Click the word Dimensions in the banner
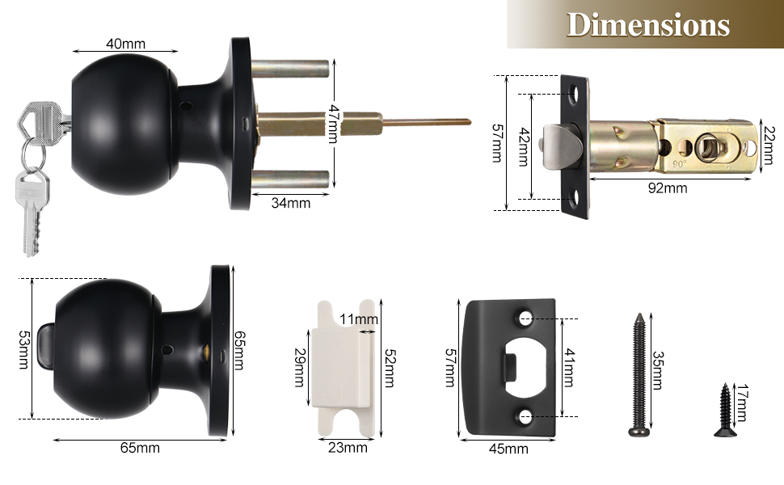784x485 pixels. pyautogui.click(x=647, y=25)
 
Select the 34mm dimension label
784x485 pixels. pyautogui.click(x=291, y=203)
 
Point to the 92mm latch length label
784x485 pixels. pyautogui.click(x=667, y=188)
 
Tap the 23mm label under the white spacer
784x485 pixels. pyautogui.click(x=348, y=447)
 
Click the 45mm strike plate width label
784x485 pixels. pyautogui.click(x=508, y=449)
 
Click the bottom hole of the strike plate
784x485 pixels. pyautogui.click(x=526, y=416)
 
